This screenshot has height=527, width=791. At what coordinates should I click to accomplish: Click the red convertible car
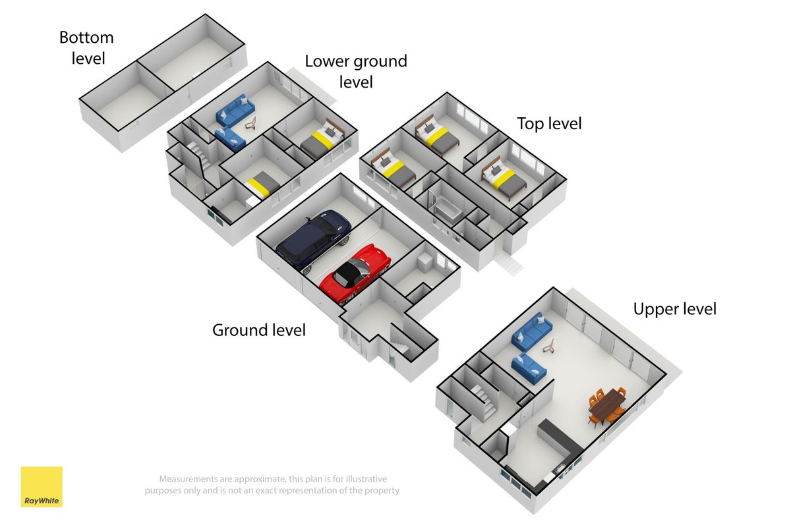[x=355, y=273]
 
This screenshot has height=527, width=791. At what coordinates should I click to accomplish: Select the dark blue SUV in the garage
[x=313, y=240]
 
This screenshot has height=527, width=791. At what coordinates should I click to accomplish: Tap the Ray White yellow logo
[x=42, y=487]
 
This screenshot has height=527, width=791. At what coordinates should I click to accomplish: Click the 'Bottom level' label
[x=86, y=48]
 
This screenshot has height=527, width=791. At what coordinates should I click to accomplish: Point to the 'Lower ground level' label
[x=356, y=71]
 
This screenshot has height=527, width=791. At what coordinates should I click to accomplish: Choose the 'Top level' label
[x=549, y=124]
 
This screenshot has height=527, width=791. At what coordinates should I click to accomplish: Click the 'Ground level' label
[x=259, y=331]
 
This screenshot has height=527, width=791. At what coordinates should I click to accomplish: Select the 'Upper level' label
[x=675, y=309]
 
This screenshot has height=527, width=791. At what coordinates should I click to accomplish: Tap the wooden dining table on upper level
[x=607, y=404]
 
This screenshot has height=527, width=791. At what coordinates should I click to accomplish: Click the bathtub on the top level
[x=448, y=209]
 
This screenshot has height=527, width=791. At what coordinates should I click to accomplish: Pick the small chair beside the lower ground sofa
[x=251, y=123]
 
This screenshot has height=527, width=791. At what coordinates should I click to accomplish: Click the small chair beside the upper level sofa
[x=548, y=346]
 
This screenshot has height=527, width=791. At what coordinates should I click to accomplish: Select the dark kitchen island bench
[x=560, y=438]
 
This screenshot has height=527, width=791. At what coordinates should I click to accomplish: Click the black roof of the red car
[x=349, y=271]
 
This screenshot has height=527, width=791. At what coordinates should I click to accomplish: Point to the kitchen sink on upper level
[x=560, y=469]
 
